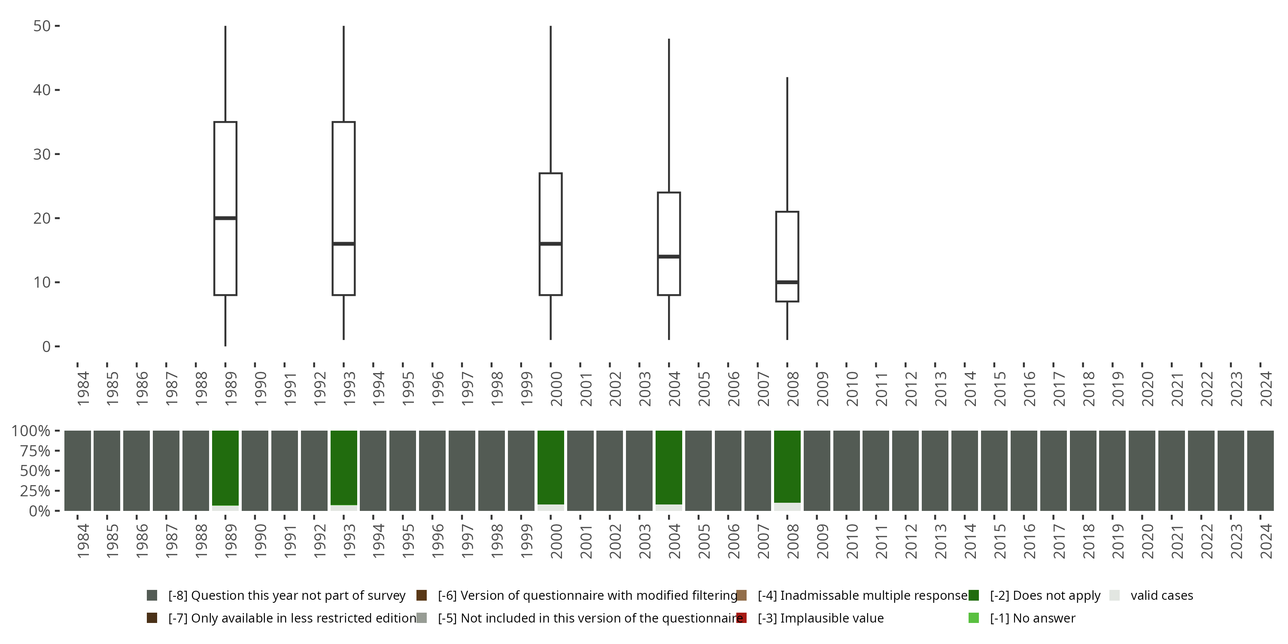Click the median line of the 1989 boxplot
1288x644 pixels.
(x=225, y=218)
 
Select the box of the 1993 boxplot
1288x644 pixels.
(x=343, y=180)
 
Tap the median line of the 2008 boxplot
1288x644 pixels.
(x=787, y=283)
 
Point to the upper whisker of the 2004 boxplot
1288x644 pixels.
(x=669, y=115)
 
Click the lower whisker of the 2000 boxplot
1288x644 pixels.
(x=550, y=318)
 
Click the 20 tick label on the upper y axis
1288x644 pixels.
(x=42, y=219)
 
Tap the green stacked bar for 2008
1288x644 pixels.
(x=787, y=466)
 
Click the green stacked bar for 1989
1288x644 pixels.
(x=225, y=468)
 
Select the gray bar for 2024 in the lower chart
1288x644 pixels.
(x=1260, y=471)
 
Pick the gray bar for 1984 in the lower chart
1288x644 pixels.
(x=78, y=471)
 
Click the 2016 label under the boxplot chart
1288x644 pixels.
(x=1029, y=389)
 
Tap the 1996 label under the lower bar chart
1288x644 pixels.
(x=437, y=541)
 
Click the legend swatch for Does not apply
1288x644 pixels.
(x=973, y=595)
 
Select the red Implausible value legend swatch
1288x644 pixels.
(x=741, y=618)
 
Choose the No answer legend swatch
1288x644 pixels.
(x=973, y=618)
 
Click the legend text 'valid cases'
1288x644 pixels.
(x=1161, y=595)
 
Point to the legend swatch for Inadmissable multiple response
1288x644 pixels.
(x=741, y=595)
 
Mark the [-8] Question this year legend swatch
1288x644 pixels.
(x=152, y=595)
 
